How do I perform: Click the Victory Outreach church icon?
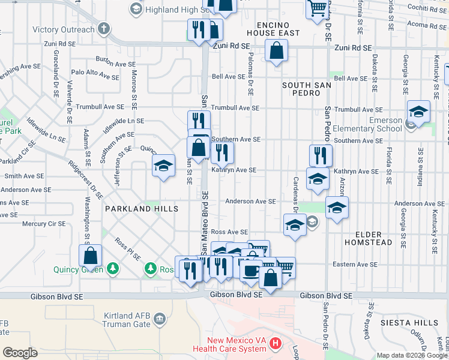pos(104,29)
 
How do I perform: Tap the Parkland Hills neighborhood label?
pos(142,209)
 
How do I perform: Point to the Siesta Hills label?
pos(409,323)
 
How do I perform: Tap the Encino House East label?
pos(277,29)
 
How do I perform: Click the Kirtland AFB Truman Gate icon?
pos(159,317)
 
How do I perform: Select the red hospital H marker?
pos(276,344)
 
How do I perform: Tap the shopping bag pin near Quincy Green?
pos(90,256)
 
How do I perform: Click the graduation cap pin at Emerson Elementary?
pos(418,112)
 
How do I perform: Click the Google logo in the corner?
pos(20,353)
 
